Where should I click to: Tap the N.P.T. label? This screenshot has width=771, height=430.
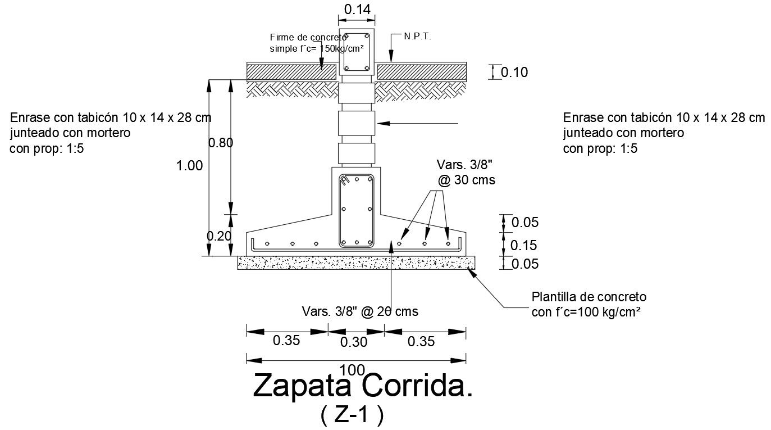pos(418,37)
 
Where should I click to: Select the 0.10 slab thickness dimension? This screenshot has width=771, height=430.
pos(514,73)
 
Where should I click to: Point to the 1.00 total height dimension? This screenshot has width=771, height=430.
pos(189,166)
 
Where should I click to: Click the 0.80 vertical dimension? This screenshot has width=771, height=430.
pos(221,143)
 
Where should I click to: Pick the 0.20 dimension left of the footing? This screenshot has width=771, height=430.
pos(219,236)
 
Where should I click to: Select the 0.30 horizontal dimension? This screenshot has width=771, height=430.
pos(354,342)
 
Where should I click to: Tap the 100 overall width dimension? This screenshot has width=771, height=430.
pos(353,369)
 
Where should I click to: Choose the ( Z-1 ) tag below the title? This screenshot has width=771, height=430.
pos(352,415)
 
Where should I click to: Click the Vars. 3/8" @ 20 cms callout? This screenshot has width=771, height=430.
pos(360,311)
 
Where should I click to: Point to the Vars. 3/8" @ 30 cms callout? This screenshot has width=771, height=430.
pos(466,173)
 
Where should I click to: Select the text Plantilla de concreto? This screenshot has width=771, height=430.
pos(589,297)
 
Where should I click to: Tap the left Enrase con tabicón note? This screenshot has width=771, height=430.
pos(111,133)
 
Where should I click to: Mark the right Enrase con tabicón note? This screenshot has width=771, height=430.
pos(664,133)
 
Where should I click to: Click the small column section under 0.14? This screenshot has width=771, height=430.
pos(356,51)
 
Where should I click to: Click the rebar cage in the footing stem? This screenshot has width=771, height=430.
pos(356,211)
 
